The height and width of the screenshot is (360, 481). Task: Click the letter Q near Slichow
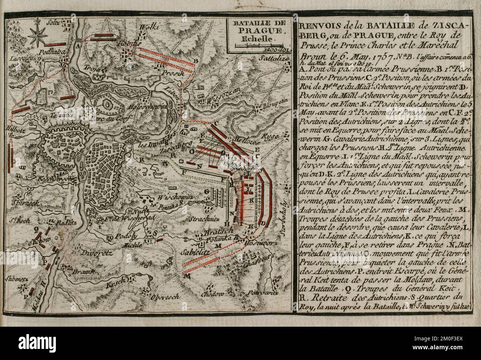click(x=36, y=229)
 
